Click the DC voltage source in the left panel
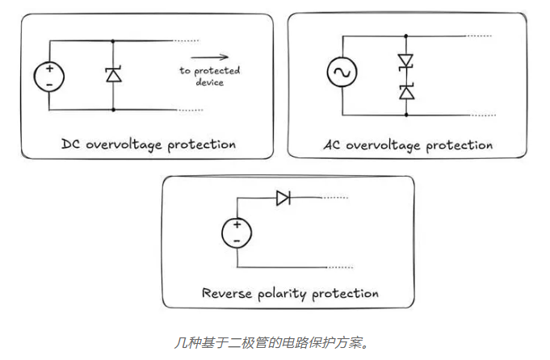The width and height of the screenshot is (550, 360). (49, 75)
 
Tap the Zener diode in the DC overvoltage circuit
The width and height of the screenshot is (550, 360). (113, 75)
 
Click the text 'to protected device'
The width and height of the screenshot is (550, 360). (209, 76)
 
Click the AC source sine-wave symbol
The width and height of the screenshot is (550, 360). (341, 74)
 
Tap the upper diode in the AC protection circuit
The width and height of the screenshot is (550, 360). (405, 61)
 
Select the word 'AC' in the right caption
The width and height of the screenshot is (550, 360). (332, 145)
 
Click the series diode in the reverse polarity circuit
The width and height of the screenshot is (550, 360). (283, 198)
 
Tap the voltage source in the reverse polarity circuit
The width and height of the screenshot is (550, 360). (236, 233)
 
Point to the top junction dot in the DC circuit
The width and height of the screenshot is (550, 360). (113, 40)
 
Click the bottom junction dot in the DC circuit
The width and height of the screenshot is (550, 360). (113, 110)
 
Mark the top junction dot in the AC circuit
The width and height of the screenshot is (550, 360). (405, 36)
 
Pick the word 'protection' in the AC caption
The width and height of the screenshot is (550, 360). (459, 145)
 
